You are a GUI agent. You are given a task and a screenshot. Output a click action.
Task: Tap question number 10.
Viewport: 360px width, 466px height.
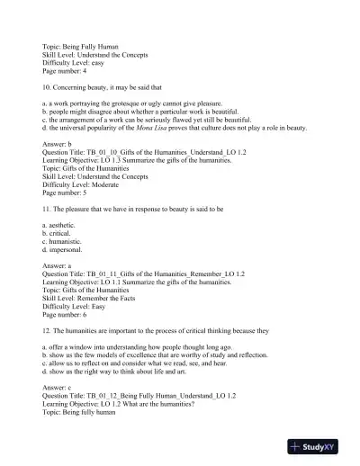pos(47,87)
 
